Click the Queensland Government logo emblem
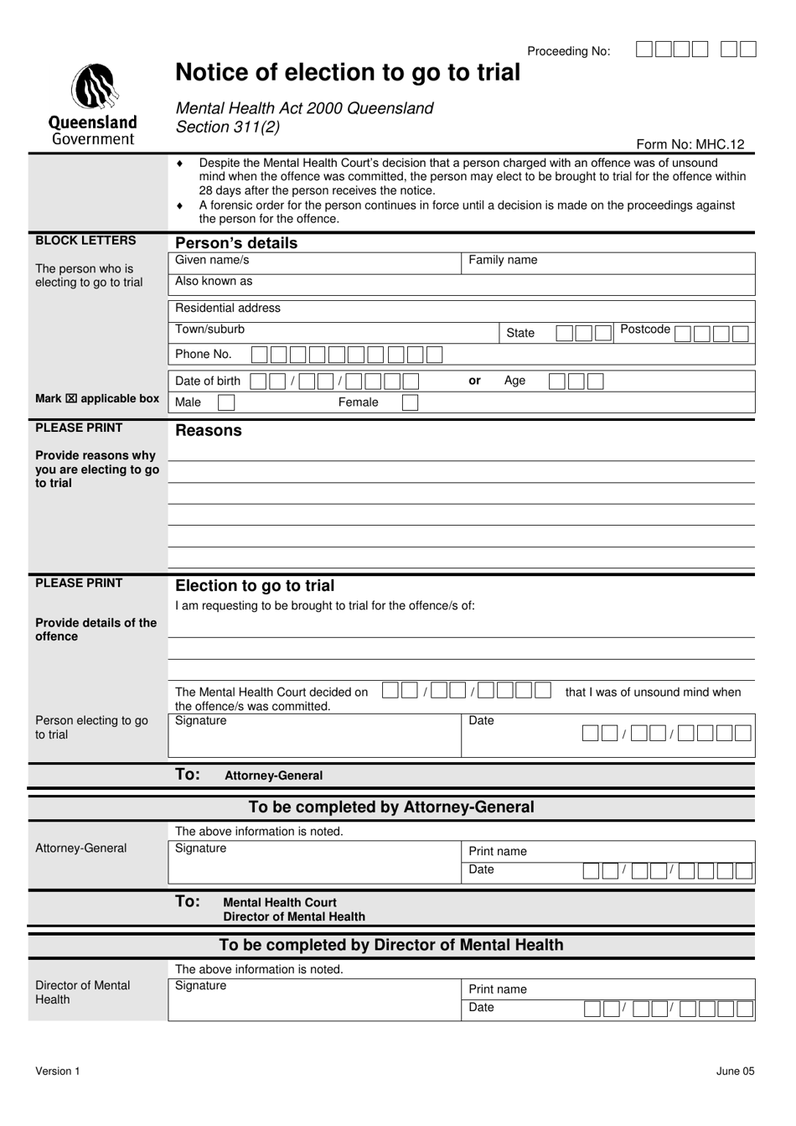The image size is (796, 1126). (94, 88)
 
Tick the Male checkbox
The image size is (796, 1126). (225, 402)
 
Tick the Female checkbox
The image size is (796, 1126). (410, 402)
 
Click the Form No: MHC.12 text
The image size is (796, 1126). (690, 144)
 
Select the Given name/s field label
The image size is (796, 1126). (212, 260)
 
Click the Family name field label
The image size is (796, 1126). (503, 260)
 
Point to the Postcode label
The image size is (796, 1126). (644, 329)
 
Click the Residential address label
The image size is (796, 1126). (228, 308)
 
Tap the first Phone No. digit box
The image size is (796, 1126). (259, 355)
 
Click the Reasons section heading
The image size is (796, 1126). (208, 431)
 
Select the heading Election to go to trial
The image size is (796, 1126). (255, 586)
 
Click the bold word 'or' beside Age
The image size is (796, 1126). (474, 381)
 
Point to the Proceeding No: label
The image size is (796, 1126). (568, 51)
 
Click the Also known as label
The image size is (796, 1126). (214, 282)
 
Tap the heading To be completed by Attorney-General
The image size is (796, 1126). (391, 807)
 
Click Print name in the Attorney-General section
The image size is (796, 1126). (498, 852)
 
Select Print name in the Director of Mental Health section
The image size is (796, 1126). (498, 989)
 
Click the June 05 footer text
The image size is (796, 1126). (735, 1071)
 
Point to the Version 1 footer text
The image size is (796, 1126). (58, 1071)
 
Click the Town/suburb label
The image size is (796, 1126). (209, 329)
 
